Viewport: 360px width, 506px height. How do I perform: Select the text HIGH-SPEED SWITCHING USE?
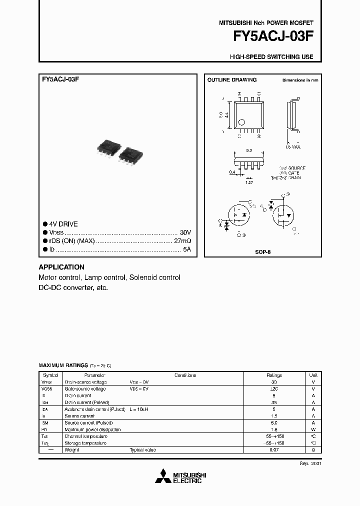pos(271,57)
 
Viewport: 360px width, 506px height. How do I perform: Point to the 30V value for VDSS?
pos(185,233)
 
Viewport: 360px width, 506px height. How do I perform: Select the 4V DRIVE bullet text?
pos(63,224)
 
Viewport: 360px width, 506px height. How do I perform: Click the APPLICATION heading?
pos(61,267)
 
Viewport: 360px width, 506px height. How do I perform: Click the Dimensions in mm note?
pos(300,80)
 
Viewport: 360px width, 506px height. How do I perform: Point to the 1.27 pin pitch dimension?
pos(248,183)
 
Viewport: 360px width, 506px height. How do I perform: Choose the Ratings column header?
pos(274,375)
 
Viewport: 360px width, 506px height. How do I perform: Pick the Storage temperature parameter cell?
pos(85,443)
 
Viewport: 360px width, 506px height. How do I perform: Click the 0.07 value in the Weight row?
pos(274,450)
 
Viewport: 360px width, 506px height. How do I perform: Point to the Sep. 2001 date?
pos(310,463)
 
